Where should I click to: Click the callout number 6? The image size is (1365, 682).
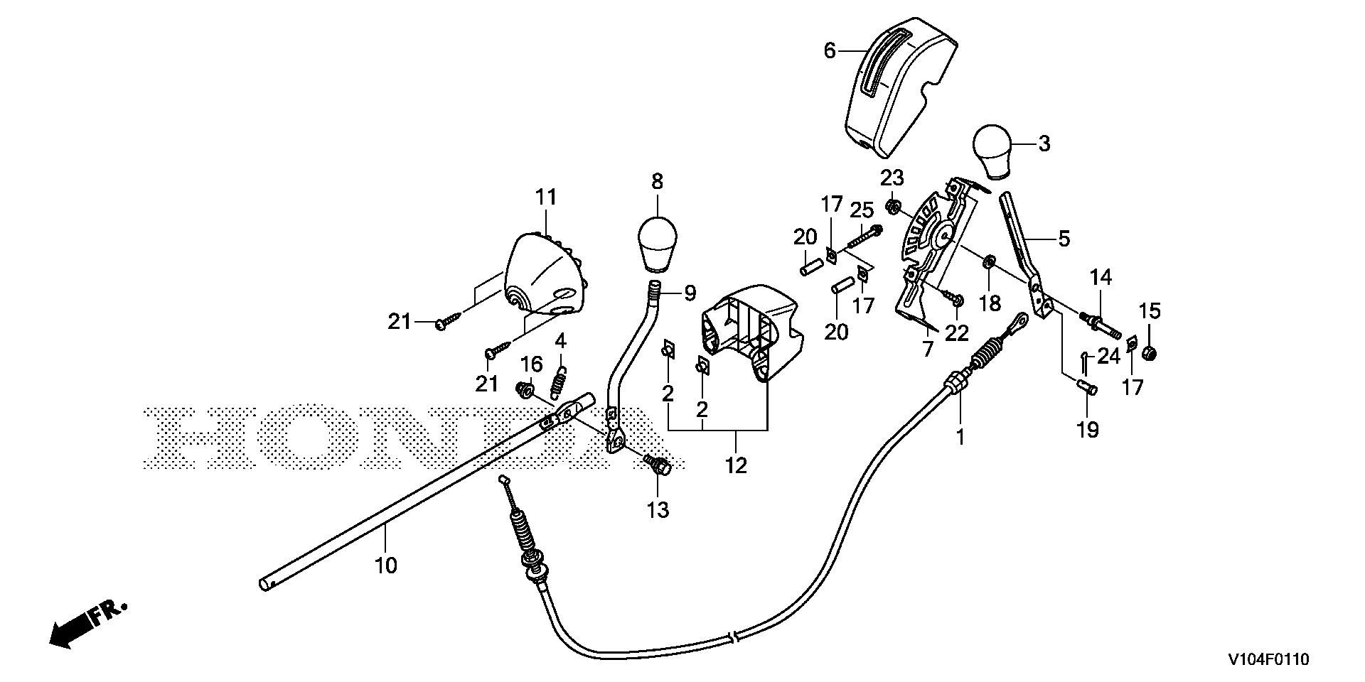coord(830,51)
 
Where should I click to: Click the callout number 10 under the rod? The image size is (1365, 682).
coord(386,566)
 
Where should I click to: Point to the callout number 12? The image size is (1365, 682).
coord(737,467)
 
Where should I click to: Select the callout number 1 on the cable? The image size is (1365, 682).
coord(960,437)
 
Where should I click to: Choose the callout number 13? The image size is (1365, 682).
coord(658,509)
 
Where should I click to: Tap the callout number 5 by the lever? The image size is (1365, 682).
coord(1064,239)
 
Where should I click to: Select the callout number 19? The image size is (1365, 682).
coord(1088,429)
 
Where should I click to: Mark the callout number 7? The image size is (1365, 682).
coord(926,350)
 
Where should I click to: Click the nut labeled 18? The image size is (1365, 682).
coord(988,264)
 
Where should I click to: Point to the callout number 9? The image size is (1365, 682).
coord(689,293)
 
